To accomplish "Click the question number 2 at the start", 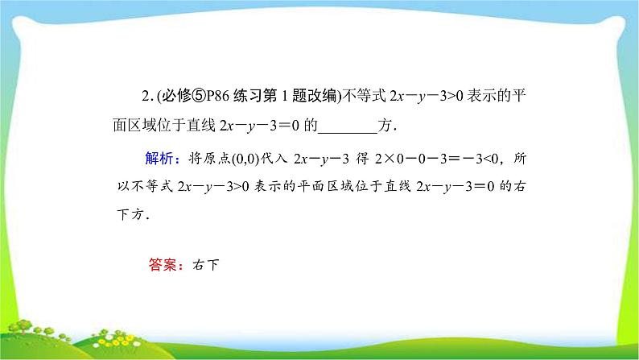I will click(x=143, y=98).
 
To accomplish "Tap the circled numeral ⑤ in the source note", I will click(x=186, y=98).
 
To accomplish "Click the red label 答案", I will click(x=163, y=262).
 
